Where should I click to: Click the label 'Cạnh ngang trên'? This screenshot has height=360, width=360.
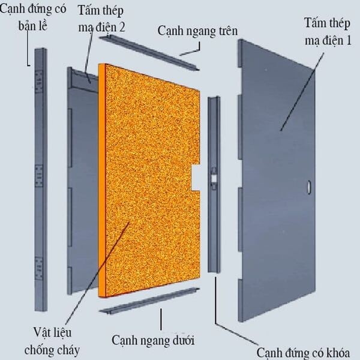tap(197, 31)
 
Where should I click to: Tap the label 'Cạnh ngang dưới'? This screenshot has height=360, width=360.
tap(153, 340)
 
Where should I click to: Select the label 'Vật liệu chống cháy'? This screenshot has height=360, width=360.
tap(52, 341)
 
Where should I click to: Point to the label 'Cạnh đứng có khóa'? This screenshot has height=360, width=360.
tap(303, 353)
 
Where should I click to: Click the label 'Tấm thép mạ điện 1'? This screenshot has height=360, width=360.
tap(328, 32)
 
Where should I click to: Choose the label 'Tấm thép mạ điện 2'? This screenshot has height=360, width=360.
tap(101, 19)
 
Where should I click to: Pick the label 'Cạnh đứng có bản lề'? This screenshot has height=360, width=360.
tap(33, 17)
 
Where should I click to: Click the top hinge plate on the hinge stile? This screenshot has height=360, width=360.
tap(39, 82)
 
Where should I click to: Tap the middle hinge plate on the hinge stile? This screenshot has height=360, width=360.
tap(39, 176)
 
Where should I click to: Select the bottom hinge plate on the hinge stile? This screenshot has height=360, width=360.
tap(39, 268)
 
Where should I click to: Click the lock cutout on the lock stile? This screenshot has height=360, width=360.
tap(214, 178)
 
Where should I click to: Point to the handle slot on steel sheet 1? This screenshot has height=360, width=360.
tap(309, 187)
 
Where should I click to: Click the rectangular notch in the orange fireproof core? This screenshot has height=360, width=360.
tap(196, 178)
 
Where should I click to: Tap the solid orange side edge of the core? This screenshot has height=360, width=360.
tap(102, 180)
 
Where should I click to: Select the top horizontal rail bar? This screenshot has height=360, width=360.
tap(149, 53)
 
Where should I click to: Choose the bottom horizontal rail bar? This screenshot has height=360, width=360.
tap(149, 301)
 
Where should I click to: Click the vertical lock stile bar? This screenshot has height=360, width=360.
tap(214, 184)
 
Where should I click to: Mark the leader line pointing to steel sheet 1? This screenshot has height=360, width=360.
tap(302, 92)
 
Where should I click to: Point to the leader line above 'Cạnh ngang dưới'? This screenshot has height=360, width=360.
tap(161, 319)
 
